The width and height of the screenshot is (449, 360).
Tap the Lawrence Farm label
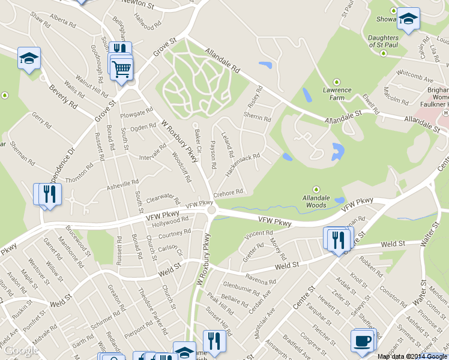(x=337, y=94)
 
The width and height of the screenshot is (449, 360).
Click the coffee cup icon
(x=363, y=341)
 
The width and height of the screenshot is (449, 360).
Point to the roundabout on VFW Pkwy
(x=211, y=210)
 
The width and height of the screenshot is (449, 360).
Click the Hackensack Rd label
(x=243, y=164)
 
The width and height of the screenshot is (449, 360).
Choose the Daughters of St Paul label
(x=383, y=41)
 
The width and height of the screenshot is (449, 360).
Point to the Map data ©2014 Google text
(x=412, y=356)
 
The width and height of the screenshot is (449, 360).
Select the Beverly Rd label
(x=64, y=96)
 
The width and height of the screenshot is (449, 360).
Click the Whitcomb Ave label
(x=415, y=79)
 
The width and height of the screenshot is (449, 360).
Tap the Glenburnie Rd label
(x=240, y=284)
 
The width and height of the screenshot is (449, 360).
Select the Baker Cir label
(x=197, y=139)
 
